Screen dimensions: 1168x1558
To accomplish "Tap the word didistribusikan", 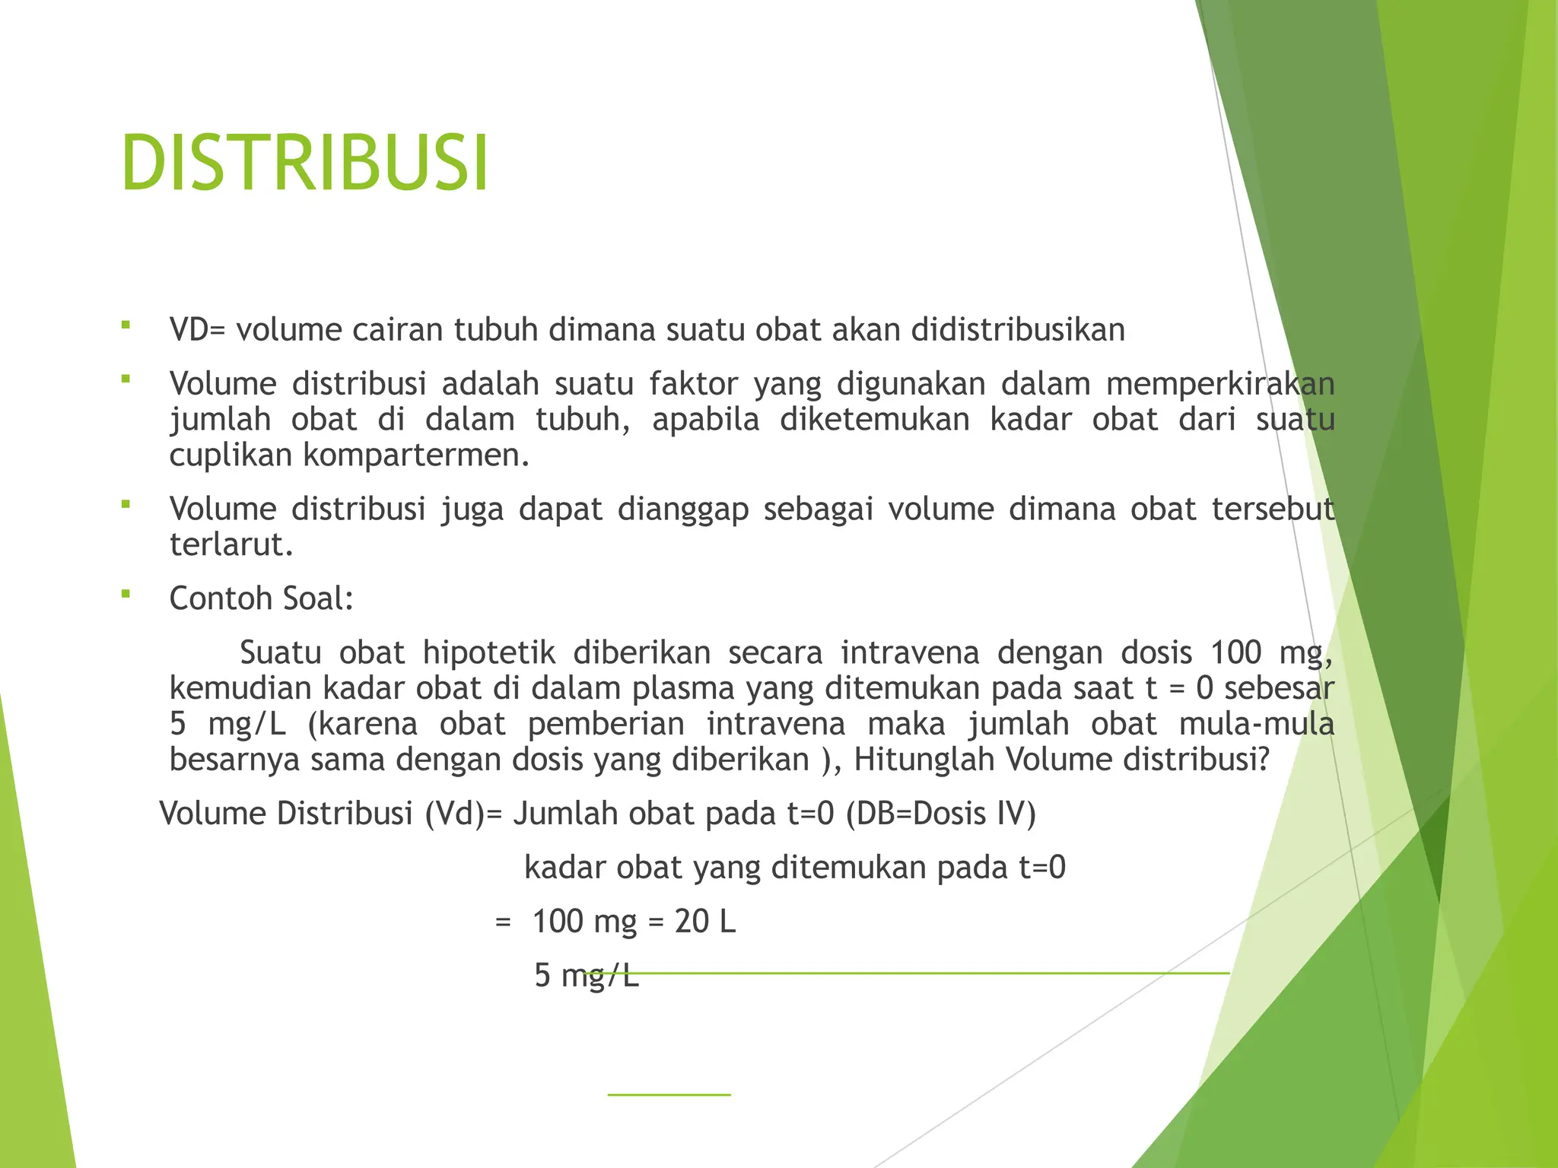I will pos(1018,330).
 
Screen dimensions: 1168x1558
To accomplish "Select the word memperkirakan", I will pos(1220,384).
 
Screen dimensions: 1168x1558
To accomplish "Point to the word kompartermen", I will pos(416,455).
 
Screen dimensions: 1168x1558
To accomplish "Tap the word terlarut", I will pos(231,545).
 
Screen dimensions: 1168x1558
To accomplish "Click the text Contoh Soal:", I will pos(262,599).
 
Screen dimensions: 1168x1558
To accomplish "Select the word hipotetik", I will pos(489,653).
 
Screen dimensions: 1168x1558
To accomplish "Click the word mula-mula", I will pos(1257,724).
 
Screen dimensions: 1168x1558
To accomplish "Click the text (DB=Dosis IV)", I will pos(941,814).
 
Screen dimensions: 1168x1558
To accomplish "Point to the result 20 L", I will pos(705,922).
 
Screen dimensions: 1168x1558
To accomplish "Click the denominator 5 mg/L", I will pos(586,976).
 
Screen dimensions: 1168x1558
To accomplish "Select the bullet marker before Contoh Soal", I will pos(126,594).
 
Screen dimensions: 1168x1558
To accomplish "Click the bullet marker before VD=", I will pos(126,325).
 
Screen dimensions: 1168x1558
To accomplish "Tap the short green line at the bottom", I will pos(669,1095).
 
